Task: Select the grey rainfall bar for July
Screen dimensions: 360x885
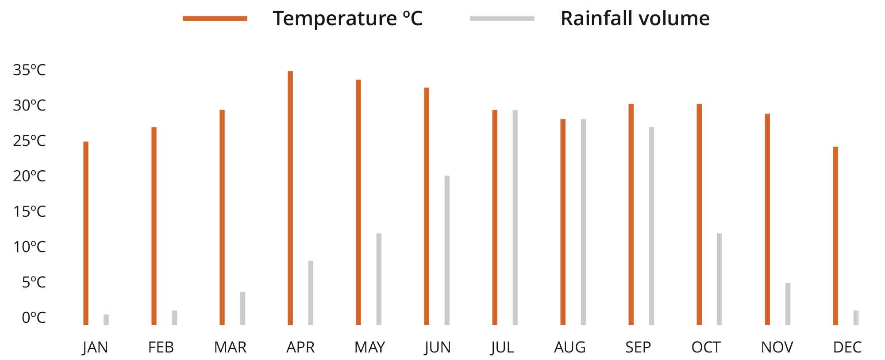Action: (x=515, y=217)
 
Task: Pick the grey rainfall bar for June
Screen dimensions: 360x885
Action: (x=447, y=250)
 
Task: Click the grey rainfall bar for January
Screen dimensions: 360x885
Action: (x=106, y=320)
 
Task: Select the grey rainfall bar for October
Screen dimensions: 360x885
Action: (x=719, y=279)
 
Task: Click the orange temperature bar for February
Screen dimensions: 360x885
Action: (x=154, y=226)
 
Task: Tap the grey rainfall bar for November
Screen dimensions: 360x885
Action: (x=788, y=304)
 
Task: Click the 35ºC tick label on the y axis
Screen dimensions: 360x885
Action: (x=29, y=70)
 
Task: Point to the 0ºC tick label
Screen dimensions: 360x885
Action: (x=34, y=318)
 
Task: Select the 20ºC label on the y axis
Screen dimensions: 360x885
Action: (x=29, y=176)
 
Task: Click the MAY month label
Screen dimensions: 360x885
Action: (x=369, y=347)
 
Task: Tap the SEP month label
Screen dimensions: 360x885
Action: (x=638, y=347)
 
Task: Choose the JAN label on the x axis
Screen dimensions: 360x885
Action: (x=95, y=347)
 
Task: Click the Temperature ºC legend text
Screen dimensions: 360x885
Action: (x=347, y=19)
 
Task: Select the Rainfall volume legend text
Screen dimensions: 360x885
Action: (x=635, y=19)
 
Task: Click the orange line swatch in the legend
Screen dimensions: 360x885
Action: (x=215, y=19)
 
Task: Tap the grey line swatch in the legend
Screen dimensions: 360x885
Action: (x=502, y=19)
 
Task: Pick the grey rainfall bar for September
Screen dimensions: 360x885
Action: (x=651, y=226)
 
